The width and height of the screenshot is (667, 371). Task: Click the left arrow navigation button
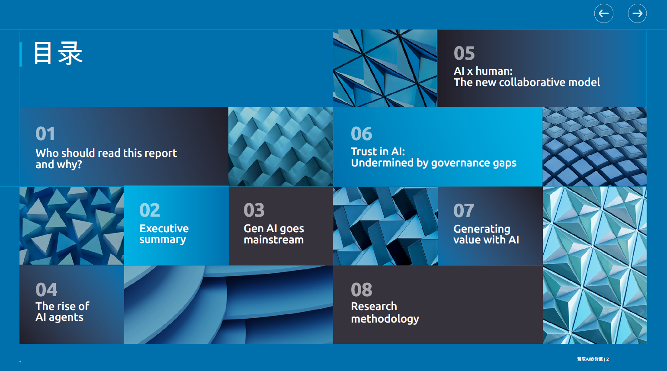click(x=603, y=13)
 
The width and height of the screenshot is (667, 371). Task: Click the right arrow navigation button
click(x=637, y=13)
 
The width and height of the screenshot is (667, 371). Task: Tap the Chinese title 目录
click(x=58, y=53)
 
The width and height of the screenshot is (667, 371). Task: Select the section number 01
click(x=45, y=134)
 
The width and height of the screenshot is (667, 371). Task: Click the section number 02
click(x=150, y=210)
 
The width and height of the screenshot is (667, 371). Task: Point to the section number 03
click(x=254, y=210)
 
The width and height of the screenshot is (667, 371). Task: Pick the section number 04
click(x=46, y=290)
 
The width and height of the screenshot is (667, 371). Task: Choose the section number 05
click(x=464, y=53)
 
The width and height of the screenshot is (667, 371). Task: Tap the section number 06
click(x=362, y=134)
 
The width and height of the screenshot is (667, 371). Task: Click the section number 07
click(x=464, y=211)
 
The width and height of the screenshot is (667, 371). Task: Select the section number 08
click(x=362, y=290)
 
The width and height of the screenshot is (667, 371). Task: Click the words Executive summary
click(x=164, y=234)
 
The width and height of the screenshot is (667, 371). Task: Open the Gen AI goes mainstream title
click(x=274, y=234)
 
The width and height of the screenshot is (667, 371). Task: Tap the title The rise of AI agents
click(x=63, y=312)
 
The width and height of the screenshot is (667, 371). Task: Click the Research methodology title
click(x=385, y=313)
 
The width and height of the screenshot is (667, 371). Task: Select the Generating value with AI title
click(x=486, y=234)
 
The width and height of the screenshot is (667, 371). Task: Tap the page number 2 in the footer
click(x=607, y=359)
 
